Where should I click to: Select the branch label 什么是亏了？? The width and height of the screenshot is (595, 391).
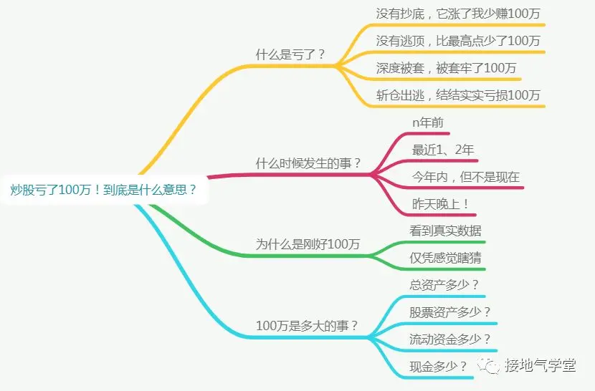291,54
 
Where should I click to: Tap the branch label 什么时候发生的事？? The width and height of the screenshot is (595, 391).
308,163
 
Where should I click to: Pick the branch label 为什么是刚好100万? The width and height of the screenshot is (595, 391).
308,244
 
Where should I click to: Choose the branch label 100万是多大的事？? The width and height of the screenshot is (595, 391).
307,325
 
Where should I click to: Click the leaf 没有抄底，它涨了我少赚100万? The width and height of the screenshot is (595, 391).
458,14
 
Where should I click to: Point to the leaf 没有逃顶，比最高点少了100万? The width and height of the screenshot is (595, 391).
458,41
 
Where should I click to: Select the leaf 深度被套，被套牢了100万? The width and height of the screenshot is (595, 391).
446,68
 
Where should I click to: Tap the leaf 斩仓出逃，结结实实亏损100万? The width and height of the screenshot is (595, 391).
458,95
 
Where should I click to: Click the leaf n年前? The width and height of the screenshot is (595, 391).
428,122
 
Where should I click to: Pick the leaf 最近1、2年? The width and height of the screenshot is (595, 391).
443,150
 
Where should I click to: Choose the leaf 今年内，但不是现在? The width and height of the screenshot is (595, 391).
466,177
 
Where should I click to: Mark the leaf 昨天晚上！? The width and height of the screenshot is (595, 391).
441,204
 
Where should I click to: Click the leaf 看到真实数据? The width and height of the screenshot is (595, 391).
445,231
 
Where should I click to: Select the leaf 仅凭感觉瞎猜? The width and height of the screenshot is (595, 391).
445,258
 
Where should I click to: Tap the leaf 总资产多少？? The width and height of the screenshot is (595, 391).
444,285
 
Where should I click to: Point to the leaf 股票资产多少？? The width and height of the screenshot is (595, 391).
450,312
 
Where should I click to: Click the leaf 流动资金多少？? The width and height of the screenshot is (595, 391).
450,339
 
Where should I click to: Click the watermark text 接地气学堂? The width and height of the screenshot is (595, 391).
540,366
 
